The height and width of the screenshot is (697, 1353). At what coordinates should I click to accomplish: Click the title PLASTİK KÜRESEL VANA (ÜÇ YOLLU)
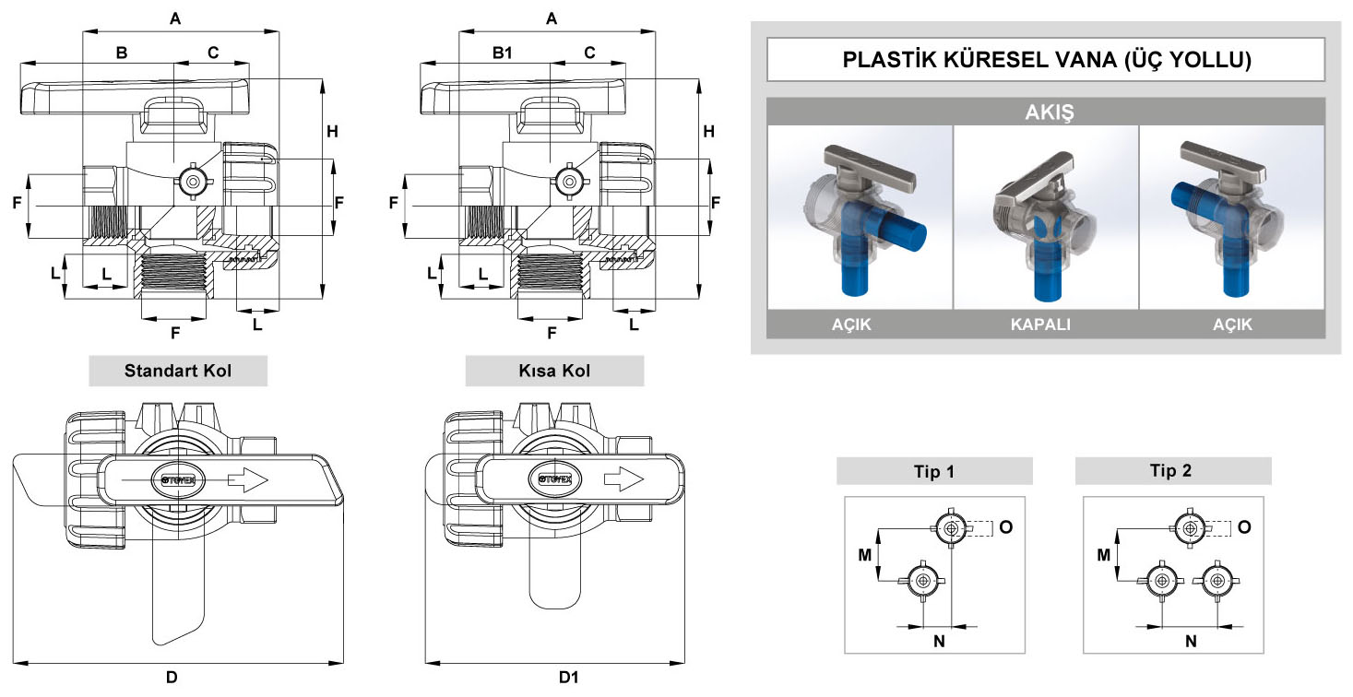point(1046,61)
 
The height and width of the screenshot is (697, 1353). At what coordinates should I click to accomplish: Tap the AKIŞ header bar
point(1046,112)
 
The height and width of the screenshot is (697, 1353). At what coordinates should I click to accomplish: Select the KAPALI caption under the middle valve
point(1046,325)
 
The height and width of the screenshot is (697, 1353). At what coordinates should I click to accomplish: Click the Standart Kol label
point(178,372)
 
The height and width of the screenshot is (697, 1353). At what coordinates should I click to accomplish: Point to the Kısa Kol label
point(554,372)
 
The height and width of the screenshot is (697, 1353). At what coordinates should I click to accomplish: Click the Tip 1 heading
point(933,471)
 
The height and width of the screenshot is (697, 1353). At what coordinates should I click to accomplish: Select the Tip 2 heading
point(1171,471)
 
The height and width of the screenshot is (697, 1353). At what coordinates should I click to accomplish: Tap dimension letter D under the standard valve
point(172,678)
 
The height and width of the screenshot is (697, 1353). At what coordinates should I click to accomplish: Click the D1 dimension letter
point(568,678)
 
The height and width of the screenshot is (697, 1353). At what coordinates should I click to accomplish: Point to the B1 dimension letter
point(502,53)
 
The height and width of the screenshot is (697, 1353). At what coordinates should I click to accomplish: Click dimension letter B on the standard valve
point(121,53)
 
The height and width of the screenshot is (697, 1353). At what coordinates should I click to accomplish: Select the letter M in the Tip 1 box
point(864,554)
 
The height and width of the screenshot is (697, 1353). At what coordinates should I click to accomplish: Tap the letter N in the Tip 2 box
point(1190,641)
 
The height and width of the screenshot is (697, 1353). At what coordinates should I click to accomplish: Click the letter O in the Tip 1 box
point(1005,526)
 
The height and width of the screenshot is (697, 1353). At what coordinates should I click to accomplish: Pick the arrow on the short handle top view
point(623,479)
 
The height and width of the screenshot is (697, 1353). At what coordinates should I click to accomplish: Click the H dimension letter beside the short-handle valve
point(708,132)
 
